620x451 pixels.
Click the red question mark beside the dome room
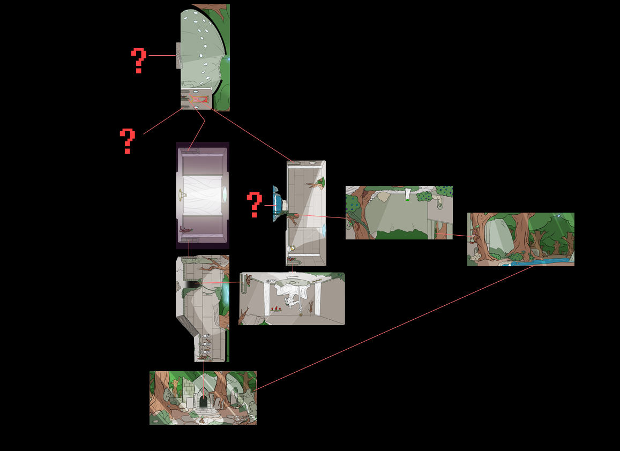click(x=139, y=61)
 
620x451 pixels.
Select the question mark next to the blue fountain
click(x=254, y=205)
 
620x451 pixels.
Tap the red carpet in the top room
click(x=199, y=99)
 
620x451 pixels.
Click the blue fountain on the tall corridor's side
click(x=278, y=204)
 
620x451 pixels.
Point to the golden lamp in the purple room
click(x=182, y=194)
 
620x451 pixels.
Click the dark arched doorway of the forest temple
click(x=203, y=402)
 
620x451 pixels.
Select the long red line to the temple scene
click(x=394, y=328)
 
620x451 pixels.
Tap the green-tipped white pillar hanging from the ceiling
click(x=407, y=195)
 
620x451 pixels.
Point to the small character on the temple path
click(x=202, y=420)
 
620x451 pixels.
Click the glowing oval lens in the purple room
click(x=225, y=194)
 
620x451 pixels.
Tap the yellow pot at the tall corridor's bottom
click(x=293, y=248)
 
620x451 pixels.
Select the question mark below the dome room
click(x=128, y=141)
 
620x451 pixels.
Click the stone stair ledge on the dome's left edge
click(x=178, y=56)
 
